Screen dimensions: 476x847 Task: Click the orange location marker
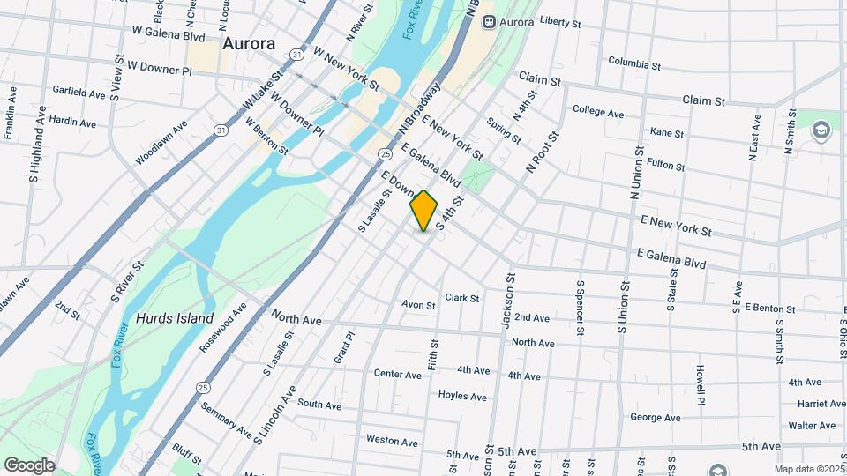pyautogui.click(x=423, y=210)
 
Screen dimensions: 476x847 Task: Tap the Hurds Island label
pyautogui.click(x=175, y=318)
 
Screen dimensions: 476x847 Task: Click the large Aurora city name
pyautogui.click(x=249, y=43)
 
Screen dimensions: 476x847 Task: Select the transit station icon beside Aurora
pyautogui.click(x=489, y=21)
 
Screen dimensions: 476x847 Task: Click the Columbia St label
pyautogui.click(x=634, y=63)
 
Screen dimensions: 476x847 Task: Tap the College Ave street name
pyautogui.click(x=598, y=112)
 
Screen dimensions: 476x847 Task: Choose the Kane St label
pyautogui.click(x=666, y=132)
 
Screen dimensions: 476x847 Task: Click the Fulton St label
pyautogui.click(x=665, y=165)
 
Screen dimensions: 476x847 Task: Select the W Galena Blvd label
pyautogui.click(x=169, y=37)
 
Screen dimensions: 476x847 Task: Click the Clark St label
pyautogui.click(x=462, y=298)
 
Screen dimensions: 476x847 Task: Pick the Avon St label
pyautogui.click(x=418, y=305)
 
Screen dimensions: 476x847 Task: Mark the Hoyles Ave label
pyautogui.click(x=462, y=397)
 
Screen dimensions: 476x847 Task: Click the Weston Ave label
pyautogui.click(x=385, y=439)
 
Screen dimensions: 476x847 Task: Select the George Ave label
pyautogui.click(x=655, y=417)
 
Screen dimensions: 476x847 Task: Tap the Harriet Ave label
pyautogui.click(x=821, y=404)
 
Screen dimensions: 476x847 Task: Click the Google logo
pyautogui.click(x=29, y=465)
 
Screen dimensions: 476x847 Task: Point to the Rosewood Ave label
pyautogui.click(x=224, y=327)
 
